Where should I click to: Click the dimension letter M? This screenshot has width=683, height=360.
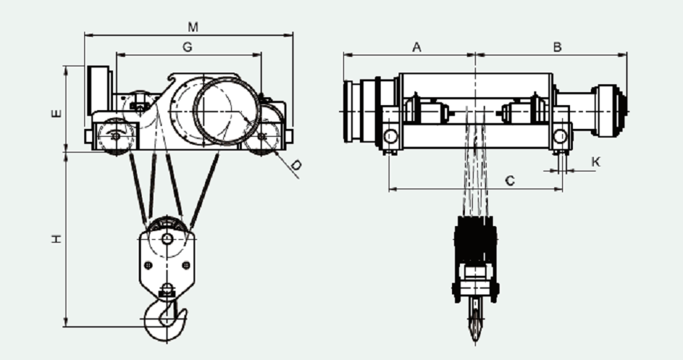coord(193,27)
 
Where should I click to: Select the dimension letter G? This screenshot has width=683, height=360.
coord(187,47)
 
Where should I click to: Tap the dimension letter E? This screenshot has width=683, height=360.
coord(57,113)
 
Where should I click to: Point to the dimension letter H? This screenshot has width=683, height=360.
coord(57,239)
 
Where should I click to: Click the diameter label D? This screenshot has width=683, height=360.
coord(296,165)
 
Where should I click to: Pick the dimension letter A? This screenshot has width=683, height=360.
coord(417,47)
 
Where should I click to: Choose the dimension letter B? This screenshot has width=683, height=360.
coord(557,47)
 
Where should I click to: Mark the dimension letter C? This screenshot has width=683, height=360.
coord(510,180)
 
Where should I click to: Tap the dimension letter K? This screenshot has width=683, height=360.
coord(597,162)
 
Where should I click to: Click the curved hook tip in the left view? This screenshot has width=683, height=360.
coord(184,312)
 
